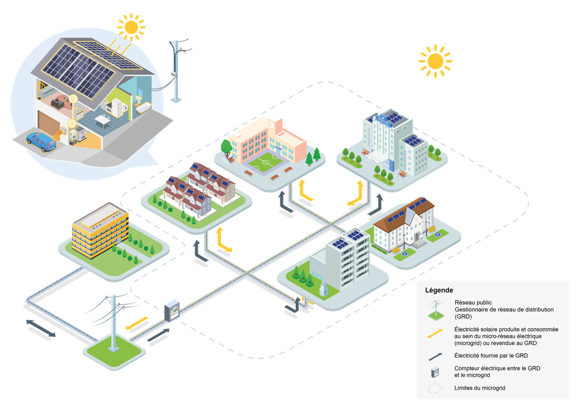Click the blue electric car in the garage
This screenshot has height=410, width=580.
point(41,141)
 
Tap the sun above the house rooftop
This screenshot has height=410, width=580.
point(131,26)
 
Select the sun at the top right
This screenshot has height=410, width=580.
point(435,61)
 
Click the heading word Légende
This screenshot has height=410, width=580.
point(439,291)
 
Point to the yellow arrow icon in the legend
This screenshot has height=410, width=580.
point(436,333)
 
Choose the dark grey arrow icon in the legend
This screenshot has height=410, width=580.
point(436,355)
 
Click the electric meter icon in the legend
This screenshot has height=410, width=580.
point(436,371)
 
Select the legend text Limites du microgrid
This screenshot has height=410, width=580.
point(480,388)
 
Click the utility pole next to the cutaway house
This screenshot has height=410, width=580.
point(176,69)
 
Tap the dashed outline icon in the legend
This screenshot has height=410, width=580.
point(436,388)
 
